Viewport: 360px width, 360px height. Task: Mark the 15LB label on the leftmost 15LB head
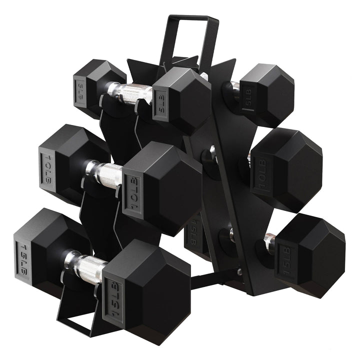point(22,252)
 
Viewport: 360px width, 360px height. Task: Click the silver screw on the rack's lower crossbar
point(240,272)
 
